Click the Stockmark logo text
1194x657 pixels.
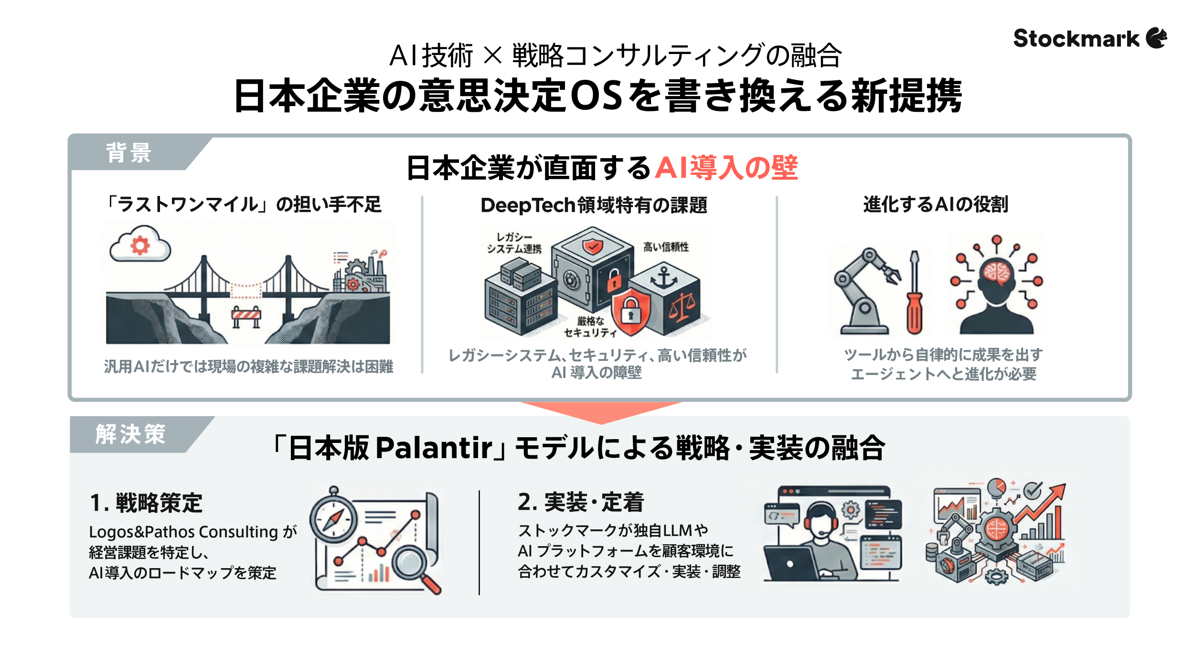[x=1076, y=39]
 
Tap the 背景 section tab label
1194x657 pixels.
[x=128, y=153]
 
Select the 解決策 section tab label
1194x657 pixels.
[x=130, y=434]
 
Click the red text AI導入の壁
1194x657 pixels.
[x=726, y=168]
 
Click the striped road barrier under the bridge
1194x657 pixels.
[x=246, y=315]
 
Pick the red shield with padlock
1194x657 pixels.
[x=630, y=311]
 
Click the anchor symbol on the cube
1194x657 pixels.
[x=664, y=277]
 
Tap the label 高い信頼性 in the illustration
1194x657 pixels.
[x=666, y=247]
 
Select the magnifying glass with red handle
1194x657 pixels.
[x=414, y=566]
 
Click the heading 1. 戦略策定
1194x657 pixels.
[x=146, y=503]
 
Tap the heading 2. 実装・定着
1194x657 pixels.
[x=581, y=502]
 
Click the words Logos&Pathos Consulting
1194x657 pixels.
[x=183, y=532]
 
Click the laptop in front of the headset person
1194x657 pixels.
[x=790, y=564]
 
